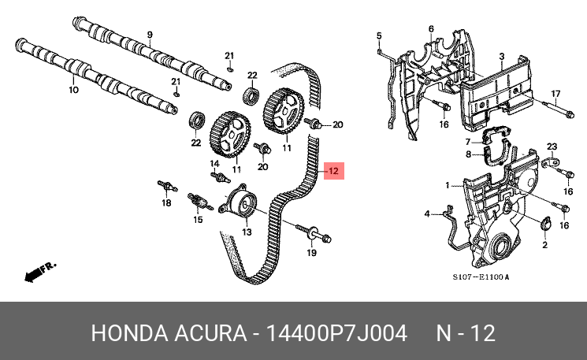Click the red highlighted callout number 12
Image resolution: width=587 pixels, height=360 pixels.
(x=333, y=171)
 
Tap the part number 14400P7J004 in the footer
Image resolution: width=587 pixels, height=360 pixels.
(x=336, y=333)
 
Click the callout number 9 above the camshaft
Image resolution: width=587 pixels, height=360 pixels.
(x=150, y=35)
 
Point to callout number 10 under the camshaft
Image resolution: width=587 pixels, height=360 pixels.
(x=74, y=90)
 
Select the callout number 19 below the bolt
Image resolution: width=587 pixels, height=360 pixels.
(x=311, y=253)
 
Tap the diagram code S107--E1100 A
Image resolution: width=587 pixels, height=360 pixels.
(x=481, y=277)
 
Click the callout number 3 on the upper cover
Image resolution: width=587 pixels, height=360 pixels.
(x=502, y=56)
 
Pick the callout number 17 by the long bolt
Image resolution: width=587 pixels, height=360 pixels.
(x=555, y=94)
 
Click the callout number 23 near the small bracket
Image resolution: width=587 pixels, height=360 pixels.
(x=552, y=147)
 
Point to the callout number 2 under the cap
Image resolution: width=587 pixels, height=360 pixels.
(x=544, y=245)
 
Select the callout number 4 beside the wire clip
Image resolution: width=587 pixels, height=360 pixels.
(x=427, y=214)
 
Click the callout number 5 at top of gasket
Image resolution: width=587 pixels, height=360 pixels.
(x=379, y=35)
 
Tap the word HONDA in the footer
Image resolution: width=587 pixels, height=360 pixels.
(x=129, y=333)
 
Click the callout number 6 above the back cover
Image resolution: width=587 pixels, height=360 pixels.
(x=431, y=29)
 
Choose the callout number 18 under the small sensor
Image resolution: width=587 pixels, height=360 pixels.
(x=166, y=202)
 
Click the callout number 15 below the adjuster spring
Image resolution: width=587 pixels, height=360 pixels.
(x=198, y=220)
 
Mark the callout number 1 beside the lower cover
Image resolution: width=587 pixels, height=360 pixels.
(x=447, y=185)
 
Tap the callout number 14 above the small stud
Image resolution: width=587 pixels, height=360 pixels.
(x=214, y=164)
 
